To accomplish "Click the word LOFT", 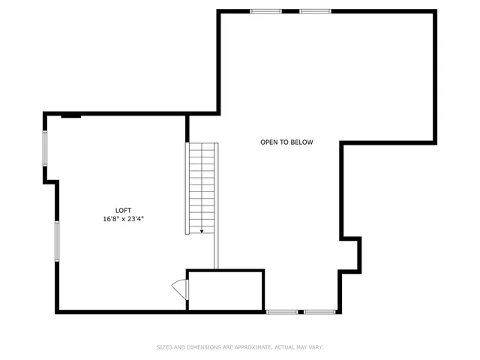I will pos(124,210).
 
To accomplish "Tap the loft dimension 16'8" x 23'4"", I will pos(124,219).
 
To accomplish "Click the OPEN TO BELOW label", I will pos(286,142).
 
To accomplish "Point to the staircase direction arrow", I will pos(201,231).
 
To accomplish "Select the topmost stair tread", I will pos(202,145).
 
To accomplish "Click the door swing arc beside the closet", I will pos(178,288).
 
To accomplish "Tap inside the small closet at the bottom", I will pos(225,290).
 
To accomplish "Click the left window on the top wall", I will pos(265,11).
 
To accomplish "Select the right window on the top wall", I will pos(315,11).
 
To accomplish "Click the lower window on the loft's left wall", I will pos(56,241).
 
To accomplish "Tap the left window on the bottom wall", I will pos(281,311).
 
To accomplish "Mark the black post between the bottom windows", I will pos(300,311).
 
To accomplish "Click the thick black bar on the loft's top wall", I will pos(71,115).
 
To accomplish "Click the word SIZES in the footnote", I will pos(164,347).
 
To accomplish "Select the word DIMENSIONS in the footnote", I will pos(203,347).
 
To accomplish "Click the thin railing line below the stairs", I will pos(216,251).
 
